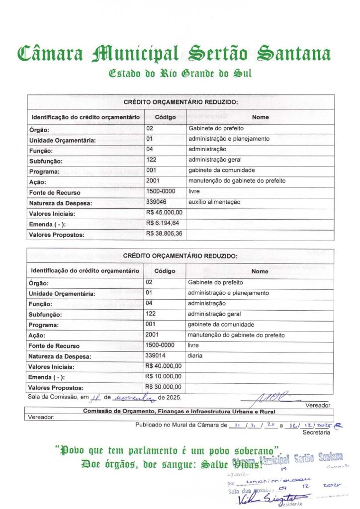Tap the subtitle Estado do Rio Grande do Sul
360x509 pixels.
pyautogui.click(x=180, y=73)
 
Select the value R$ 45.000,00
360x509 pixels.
pyautogui.click(x=164, y=213)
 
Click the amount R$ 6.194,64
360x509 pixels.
pyautogui.click(x=163, y=223)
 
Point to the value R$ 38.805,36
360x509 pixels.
pyautogui.click(x=164, y=234)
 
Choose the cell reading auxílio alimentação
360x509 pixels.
pyautogui.click(x=214, y=202)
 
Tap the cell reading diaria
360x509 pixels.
pyautogui.click(x=195, y=355)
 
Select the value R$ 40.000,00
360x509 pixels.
pyautogui.click(x=164, y=366)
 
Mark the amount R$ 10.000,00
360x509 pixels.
pyautogui.click(x=164, y=377)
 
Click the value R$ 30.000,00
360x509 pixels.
pyautogui.click(x=164, y=387)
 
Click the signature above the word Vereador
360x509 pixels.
pyautogui.click(x=264, y=398)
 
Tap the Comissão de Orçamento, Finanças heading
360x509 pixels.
pyautogui.click(x=179, y=411)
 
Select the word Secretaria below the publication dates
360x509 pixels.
pyautogui.click(x=316, y=433)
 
